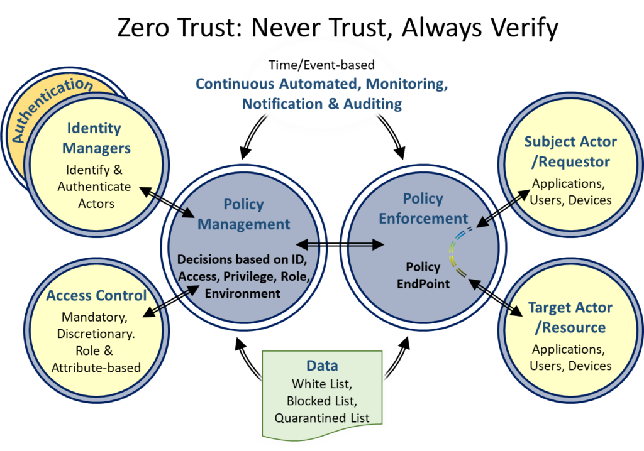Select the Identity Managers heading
(94, 138)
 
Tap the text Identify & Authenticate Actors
(94, 187)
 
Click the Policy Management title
(244, 214)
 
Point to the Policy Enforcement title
(423, 209)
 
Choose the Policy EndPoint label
(423, 275)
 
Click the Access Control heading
(96, 295)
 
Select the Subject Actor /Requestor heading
(570, 151)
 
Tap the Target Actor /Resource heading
(570, 317)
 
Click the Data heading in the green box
(322, 366)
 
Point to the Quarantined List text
(322, 418)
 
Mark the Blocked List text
(322, 401)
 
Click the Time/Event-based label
(321, 65)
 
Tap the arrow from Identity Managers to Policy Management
(167, 202)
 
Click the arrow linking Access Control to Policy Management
(172, 299)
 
